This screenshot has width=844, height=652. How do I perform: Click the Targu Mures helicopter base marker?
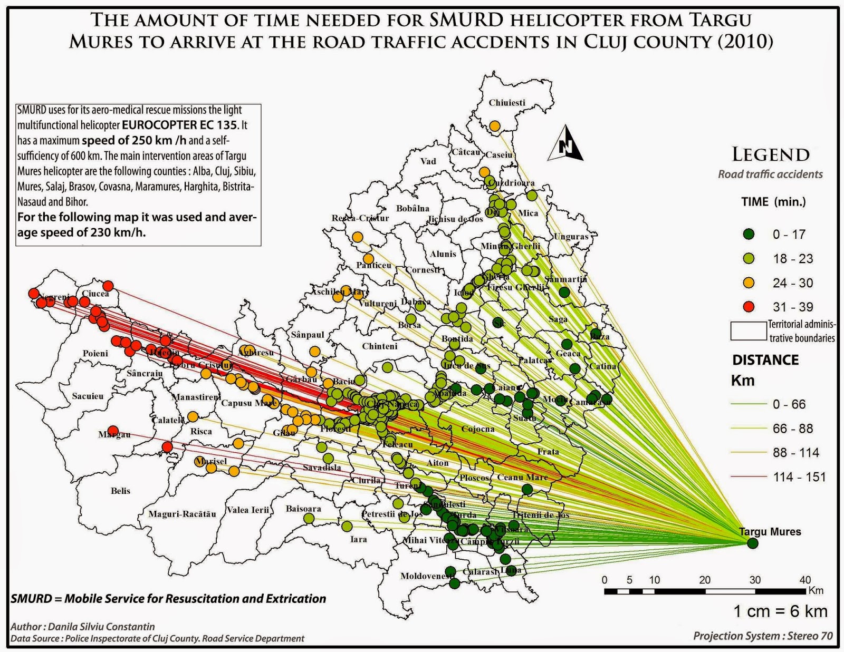[753, 543]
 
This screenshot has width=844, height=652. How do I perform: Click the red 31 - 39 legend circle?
[749, 307]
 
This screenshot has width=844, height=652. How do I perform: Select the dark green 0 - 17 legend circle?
[749, 234]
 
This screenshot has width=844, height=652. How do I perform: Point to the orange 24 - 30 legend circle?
[749, 283]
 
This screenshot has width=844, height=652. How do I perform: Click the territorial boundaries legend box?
[748, 331]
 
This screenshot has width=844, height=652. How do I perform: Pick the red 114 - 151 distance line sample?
[748, 477]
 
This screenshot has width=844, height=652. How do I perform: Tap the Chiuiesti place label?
[507, 103]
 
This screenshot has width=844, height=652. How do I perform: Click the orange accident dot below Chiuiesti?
[495, 126]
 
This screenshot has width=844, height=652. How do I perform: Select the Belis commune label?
[120, 491]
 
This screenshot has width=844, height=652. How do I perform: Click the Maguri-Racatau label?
[182, 514]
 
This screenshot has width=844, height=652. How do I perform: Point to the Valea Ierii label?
[248, 510]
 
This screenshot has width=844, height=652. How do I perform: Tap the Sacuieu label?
[88, 396]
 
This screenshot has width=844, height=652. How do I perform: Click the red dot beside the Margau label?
[112, 431]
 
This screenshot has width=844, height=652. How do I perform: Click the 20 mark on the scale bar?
[705, 580]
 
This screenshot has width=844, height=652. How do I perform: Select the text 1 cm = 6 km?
[780, 611]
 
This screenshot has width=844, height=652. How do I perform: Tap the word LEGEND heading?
[770, 154]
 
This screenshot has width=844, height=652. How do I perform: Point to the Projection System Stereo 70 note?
[763, 636]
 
